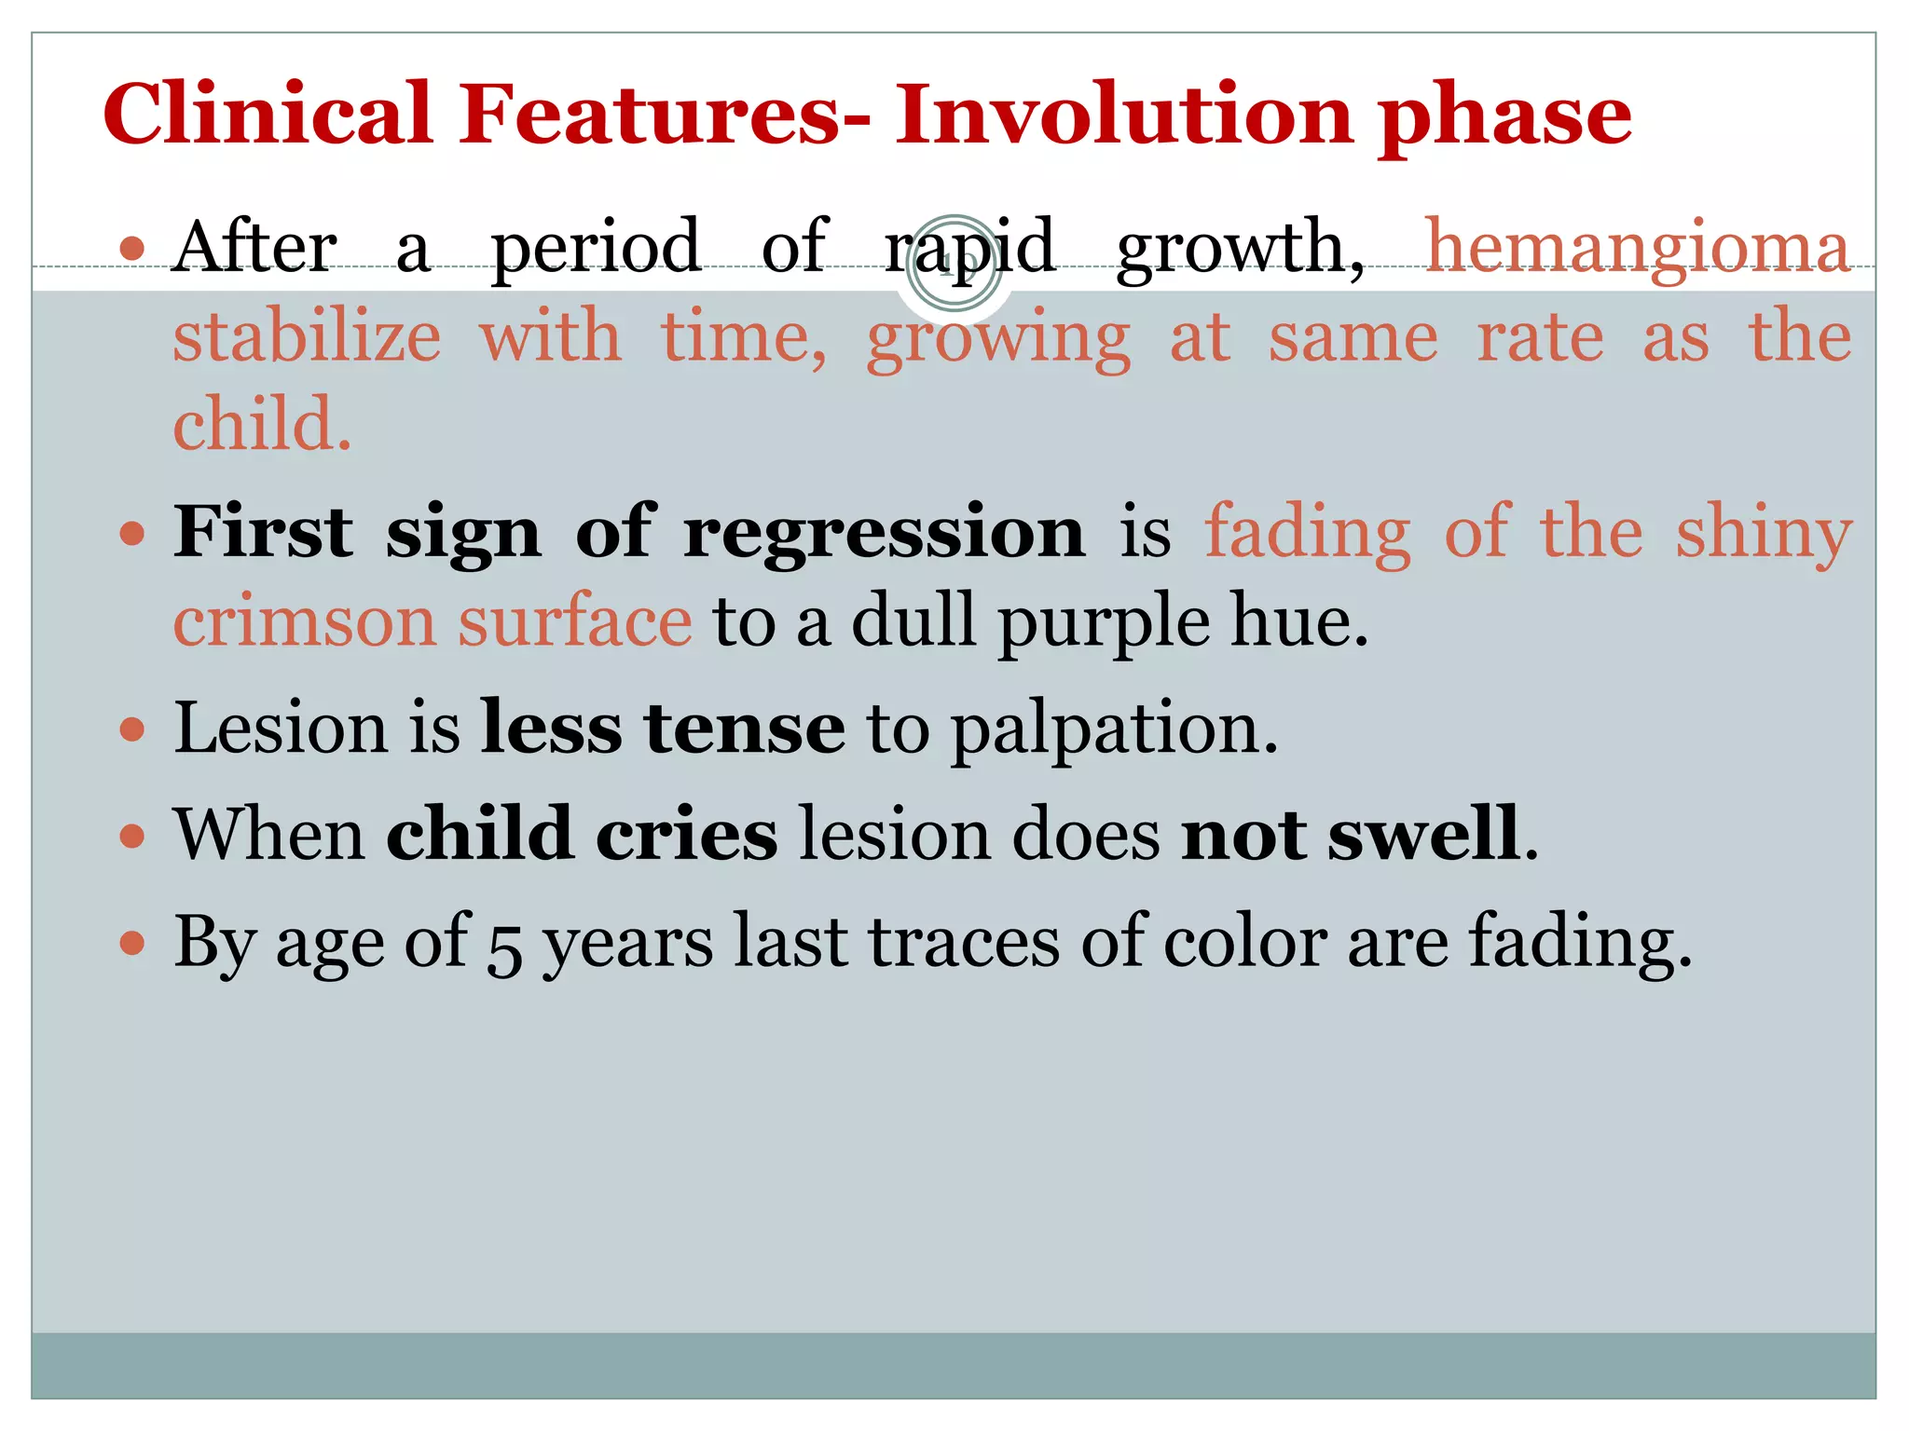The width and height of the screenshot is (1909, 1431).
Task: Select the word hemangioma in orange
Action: [x=1638, y=248]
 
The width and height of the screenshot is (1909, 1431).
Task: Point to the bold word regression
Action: [x=884, y=534]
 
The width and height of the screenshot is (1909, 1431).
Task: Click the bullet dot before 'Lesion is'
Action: [x=133, y=729]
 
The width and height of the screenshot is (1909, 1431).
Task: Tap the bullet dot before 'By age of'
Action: [x=133, y=943]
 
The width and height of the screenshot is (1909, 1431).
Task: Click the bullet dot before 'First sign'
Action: [x=133, y=534]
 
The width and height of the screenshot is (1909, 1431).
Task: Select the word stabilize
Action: [x=307, y=336]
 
